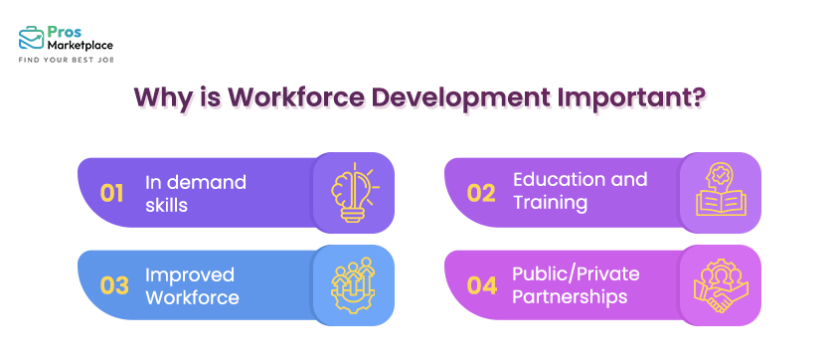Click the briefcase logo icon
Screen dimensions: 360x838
[x=30, y=37]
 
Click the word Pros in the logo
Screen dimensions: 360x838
[x=64, y=29]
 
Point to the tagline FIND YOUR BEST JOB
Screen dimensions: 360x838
[x=67, y=61]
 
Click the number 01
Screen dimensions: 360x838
[x=111, y=192]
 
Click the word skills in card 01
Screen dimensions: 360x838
[x=168, y=204]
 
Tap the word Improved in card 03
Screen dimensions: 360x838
[x=190, y=274]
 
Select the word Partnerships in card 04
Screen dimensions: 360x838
[x=569, y=296]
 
